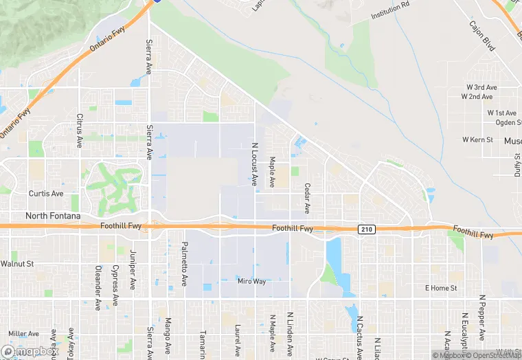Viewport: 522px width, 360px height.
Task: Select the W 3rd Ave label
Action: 481,88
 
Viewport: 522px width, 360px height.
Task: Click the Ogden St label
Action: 509,122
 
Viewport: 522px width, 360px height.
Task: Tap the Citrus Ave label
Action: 80,127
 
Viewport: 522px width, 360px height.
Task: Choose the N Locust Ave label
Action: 254,165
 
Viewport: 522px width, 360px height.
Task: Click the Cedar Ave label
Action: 307,197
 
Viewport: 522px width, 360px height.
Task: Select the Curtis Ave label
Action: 46,194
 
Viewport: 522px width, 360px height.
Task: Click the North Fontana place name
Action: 53,216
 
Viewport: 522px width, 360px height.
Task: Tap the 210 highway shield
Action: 367,229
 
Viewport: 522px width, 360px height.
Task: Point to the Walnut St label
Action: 17,263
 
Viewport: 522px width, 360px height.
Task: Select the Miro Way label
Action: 251,282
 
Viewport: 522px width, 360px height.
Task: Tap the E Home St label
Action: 440,288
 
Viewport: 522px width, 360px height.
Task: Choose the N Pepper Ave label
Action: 482,317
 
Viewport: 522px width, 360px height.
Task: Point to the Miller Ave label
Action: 23,334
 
